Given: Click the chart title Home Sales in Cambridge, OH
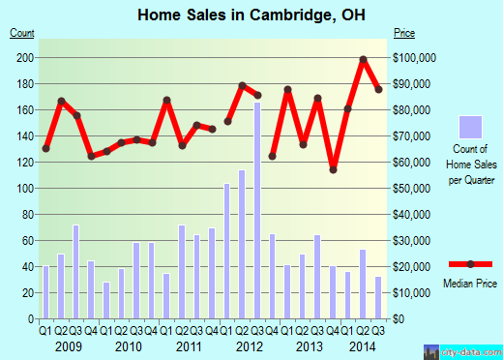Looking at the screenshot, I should tap(251, 15).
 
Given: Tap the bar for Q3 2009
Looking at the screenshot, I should tap(75, 271).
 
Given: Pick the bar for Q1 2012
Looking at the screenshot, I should tap(227, 251).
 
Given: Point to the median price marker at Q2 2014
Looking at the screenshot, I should tap(364, 60).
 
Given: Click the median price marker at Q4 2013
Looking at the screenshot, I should tap(333, 169).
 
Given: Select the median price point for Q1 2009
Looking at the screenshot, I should tap(45, 148).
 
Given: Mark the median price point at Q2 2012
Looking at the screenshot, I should tap(243, 85).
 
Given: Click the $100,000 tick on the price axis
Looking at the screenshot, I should tap(417, 58).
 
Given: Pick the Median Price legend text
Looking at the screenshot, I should tap(470, 283).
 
